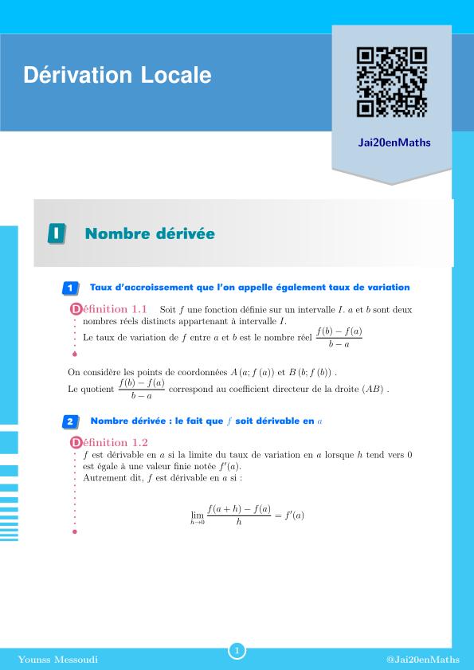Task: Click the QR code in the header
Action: [392, 83]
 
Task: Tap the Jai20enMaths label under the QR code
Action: [391, 143]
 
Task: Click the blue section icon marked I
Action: [56, 233]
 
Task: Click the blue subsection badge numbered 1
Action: [70, 288]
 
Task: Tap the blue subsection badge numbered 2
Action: [70, 421]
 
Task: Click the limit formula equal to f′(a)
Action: [247, 515]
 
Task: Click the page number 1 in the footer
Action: [237, 651]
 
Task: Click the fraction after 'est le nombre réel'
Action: [339, 338]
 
